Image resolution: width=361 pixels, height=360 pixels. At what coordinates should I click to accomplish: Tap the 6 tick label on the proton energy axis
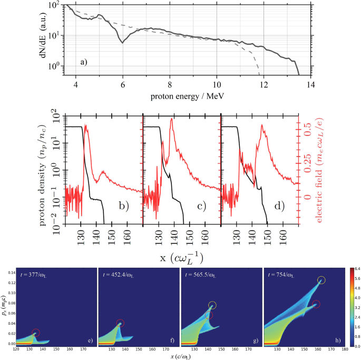[x=122, y=84]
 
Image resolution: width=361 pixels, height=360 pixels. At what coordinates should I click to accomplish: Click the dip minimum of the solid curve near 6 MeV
[x=123, y=43]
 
